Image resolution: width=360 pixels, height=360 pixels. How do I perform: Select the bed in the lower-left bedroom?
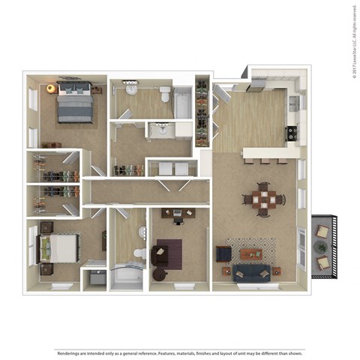[x=58, y=247]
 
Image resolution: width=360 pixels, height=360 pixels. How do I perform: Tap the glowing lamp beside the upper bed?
[x=51, y=88]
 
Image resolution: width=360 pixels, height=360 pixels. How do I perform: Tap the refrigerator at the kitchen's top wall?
[x=259, y=83]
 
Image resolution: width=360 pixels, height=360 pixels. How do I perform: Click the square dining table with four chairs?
[x=264, y=199]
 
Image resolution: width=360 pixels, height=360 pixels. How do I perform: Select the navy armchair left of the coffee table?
[x=223, y=253]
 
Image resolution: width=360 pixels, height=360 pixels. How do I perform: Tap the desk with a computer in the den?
[x=177, y=214]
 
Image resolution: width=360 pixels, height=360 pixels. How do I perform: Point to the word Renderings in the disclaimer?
[x=71, y=331]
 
